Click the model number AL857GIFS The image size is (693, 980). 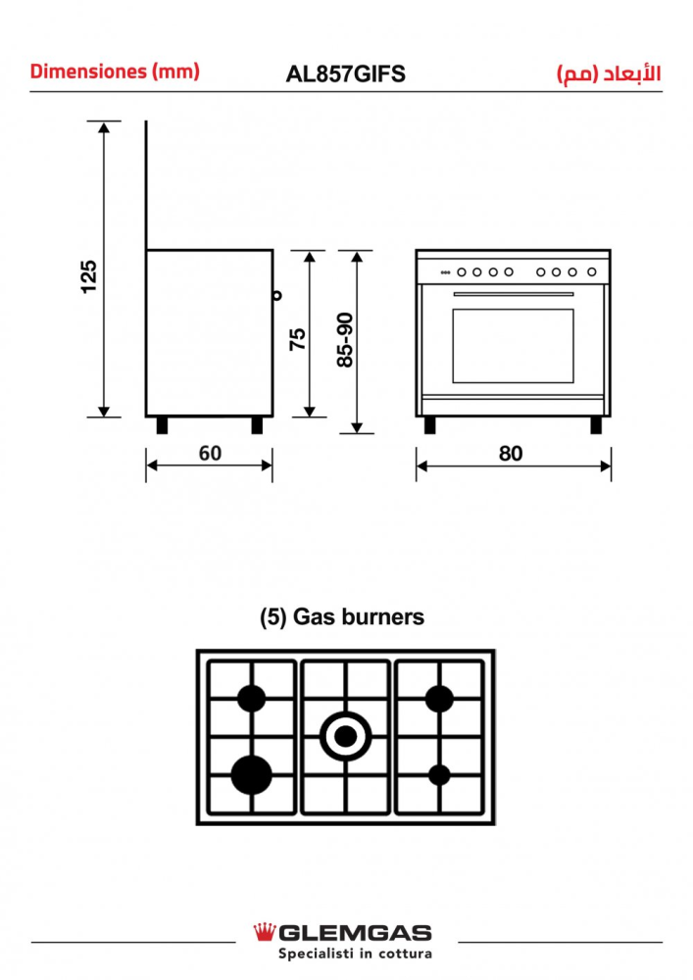coord(346,74)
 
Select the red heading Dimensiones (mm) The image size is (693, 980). coord(115,72)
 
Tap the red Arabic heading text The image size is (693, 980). coord(609,73)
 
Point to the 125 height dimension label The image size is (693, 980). coord(89,276)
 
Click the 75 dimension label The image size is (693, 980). coord(297,339)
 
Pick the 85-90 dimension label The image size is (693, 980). coord(345,340)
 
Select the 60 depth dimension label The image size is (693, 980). coord(210,453)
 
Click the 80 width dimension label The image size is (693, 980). coord(511,453)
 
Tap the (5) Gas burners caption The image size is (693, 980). coord(342,616)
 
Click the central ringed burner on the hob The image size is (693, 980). coord(346,737)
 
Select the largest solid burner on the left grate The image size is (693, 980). coord(251,775)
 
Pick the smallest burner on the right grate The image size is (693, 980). coord(439,775)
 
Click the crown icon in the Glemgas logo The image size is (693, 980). coord(265,932)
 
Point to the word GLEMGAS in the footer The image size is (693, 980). coord(355,934)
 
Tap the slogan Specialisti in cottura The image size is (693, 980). coord(355,954)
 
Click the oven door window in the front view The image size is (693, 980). coord(513,346)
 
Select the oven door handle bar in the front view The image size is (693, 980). coord(514,294)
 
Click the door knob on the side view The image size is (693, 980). coord(276,295)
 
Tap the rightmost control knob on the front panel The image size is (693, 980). coord(592,271)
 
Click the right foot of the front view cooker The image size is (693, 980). coord(596,425)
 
